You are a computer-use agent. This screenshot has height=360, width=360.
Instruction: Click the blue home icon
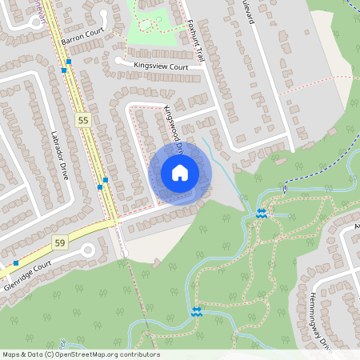180,173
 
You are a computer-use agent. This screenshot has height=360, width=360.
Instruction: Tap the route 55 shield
82,119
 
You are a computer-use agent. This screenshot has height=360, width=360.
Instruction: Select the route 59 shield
59,241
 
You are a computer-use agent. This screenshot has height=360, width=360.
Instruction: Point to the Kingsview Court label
161,67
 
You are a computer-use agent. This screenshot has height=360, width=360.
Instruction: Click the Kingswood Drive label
174,126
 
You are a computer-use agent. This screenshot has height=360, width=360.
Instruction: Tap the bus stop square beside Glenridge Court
16,262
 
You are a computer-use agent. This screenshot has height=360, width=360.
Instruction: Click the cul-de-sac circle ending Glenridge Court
87,251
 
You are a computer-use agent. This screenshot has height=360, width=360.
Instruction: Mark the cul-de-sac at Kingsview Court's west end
119,59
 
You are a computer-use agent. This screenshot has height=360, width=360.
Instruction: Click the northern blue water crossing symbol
261,214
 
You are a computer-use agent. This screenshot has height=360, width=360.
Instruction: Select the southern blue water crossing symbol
197,310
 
